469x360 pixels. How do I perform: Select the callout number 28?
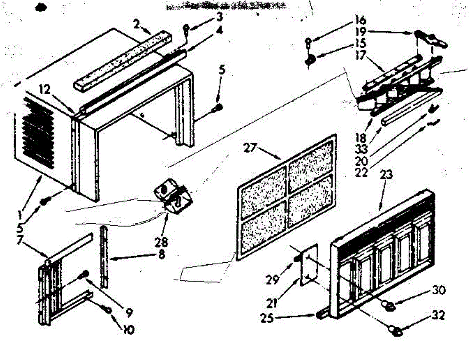pos(161,242)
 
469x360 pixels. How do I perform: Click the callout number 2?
pos(136,25)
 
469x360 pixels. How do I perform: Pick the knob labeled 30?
pos(388,306)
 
